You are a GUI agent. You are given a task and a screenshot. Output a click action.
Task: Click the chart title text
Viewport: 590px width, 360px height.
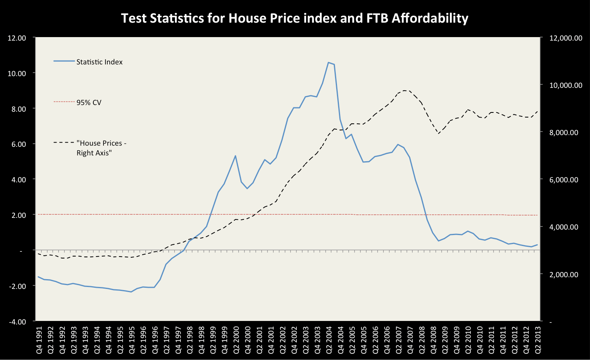pyautogui.click(x=294, y=18)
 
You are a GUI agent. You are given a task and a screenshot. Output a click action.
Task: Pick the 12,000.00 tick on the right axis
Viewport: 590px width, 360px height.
pyautogui.click(x=565, y=38)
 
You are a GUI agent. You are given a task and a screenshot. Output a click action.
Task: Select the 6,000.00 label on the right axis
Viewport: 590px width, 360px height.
pyautogui.click(x=565, y=180)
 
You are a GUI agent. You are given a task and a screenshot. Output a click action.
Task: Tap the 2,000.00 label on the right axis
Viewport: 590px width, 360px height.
pyautogui.click(x=565, y=274)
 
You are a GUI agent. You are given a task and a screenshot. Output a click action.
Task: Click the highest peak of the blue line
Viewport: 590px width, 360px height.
pyautogui.click(x=328, y=62)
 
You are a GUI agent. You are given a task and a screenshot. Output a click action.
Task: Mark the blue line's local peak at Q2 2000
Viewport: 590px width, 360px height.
pyautogui.click(x=235, y=155)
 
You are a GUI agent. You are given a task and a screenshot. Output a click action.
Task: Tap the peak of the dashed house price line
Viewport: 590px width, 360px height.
pyautogui.click(x=404, y=90)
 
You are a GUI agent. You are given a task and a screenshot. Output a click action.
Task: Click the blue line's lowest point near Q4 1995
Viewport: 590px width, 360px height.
pyautogui.click(x=131, y=292)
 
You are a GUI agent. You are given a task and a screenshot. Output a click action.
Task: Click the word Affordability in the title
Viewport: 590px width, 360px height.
pyautogui.click(x=430, y=18)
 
